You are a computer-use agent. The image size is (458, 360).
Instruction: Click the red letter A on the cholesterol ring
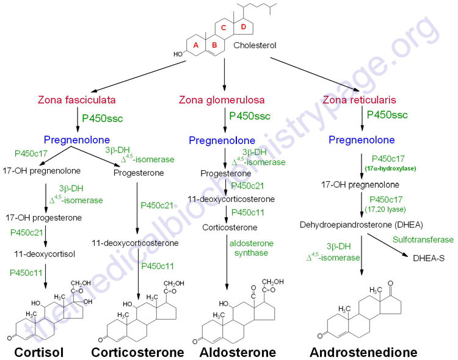pos(196,45)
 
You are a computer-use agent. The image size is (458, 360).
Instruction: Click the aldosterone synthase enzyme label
pos(251,248)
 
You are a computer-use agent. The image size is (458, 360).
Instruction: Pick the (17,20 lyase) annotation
pos(393,209)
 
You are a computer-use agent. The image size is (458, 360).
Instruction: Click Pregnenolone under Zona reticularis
pos(362,140)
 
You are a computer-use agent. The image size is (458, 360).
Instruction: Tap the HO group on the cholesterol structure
pos(178,54)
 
